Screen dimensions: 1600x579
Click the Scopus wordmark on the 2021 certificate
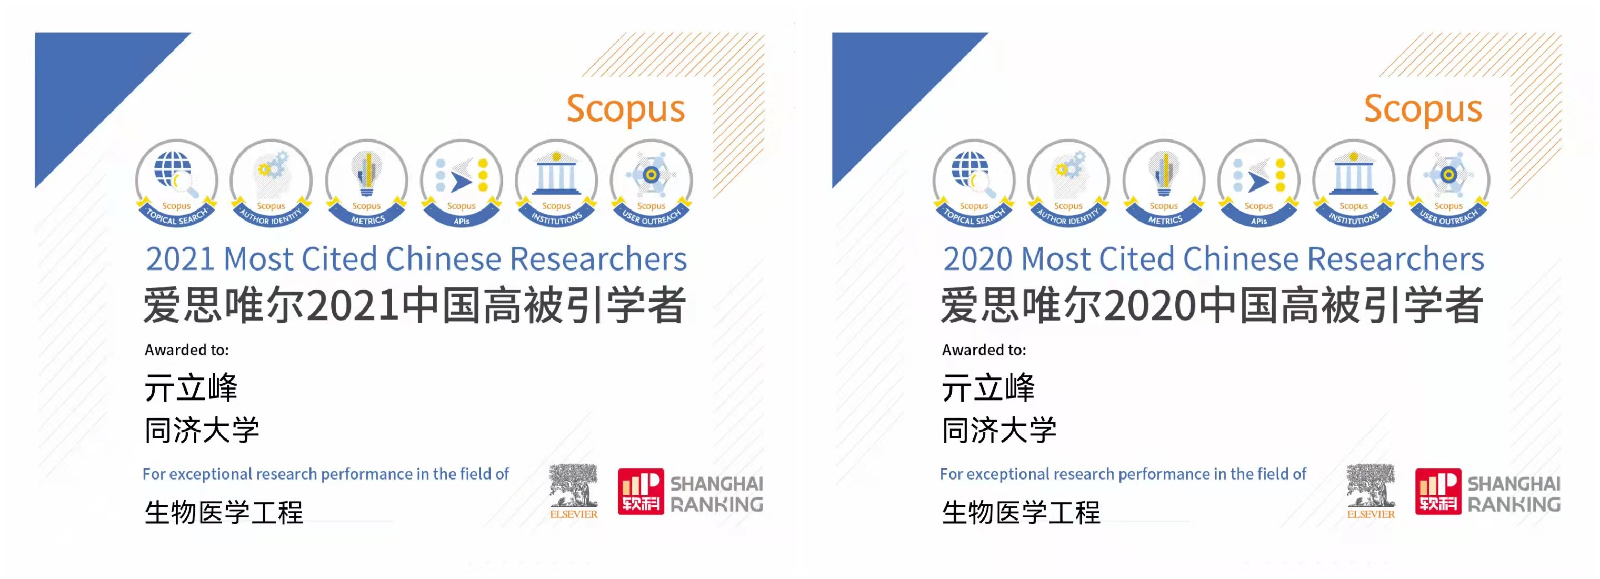pos(625,109)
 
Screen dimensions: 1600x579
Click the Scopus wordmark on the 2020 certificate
pos(1423,109)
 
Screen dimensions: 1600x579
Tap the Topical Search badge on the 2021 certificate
pos(176,183)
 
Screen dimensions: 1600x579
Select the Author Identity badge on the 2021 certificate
pos(271,183)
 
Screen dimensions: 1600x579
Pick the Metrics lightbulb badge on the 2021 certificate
pos(366,183)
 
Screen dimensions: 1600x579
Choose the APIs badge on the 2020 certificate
pos(1258,183)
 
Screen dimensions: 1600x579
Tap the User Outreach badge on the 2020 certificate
pos(1448,183)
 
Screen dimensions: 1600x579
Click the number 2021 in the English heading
pos(180,259)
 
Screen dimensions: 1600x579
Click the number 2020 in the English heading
pos(978,259)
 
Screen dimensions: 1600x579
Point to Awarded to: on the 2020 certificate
pos(984,350)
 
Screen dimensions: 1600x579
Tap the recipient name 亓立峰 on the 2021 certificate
pos(191,387)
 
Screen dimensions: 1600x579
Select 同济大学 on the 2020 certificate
pos(999,430)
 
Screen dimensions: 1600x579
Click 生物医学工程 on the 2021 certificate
pos(224,513)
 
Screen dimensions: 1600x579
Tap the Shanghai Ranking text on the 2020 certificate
pos(1514,494)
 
